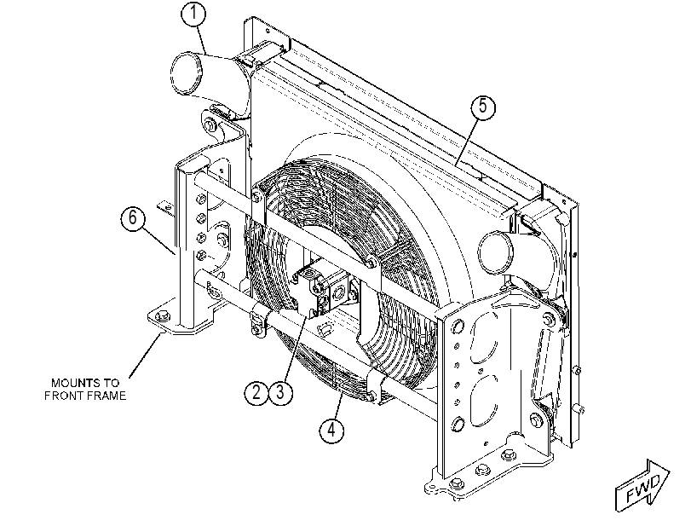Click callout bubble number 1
(193, 14)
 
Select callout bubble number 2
(256, 391)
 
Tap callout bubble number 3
(280, 391)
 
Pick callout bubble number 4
(331, 429)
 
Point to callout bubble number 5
(483, 107)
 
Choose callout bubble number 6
(133, 218)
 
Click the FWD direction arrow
(642, 486)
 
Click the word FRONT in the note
(63, 396)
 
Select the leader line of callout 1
(202, 40)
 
